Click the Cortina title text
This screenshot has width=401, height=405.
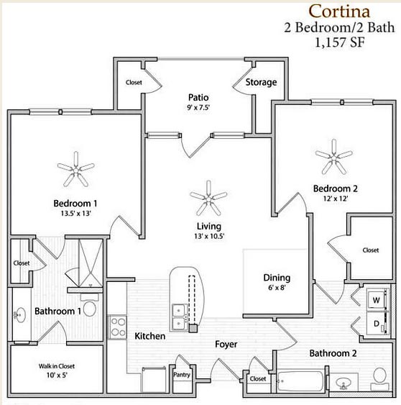click(339, 12)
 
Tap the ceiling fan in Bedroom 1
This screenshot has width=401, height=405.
click(76, 170)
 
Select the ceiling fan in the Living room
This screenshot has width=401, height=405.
click(208, 199)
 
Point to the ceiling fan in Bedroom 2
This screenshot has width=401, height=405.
click(334, 157)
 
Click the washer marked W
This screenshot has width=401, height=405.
click(377, 300)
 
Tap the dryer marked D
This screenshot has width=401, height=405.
click(377, 323)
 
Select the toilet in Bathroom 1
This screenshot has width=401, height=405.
click(89, 306)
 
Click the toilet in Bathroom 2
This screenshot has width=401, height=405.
click(379, 379)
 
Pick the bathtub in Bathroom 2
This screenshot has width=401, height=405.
click(300, 381)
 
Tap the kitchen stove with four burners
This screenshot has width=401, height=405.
click(117, 327)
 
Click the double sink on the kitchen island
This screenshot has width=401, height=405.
click(178, 317)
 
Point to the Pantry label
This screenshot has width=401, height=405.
click(182, 375)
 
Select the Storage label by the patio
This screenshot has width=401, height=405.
click(261, 82)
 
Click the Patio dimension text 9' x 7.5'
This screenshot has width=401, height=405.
click(198, 107)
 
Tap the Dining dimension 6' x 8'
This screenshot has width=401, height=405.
click(277, 287)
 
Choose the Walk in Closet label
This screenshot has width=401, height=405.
click(57, 366)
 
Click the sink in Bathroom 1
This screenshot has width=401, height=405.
click(20, 314)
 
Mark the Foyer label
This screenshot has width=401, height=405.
click(226, 345)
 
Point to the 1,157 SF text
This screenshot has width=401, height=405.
click(339, 42)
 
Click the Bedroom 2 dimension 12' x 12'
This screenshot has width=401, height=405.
click(336, 199)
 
